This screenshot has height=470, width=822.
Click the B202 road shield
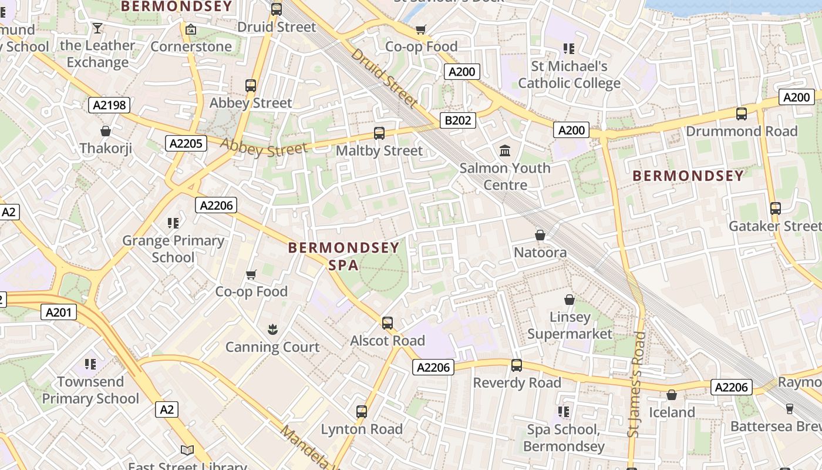pyautogui.click(x=457, y=120)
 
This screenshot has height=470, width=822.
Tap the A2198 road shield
pyautogui.click(x=109, y=105)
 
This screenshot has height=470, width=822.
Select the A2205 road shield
pyautogui.click(x=186, y=143)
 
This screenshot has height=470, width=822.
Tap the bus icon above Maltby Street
pyautogui.click(x=379, y=133)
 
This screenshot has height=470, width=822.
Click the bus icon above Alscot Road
pyautogui.click(x=388, y=323)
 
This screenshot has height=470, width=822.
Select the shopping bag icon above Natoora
pyautogui.click(x=540, y=235)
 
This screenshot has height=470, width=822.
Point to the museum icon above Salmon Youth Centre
pyautogui.click(x=505, y=151)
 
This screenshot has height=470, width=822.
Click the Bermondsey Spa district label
pyautogui.click(x=343, y=256)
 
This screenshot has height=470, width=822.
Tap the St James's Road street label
pyautogui.click(x=636, y=385)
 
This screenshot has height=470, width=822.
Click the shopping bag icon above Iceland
pyautogui.click(x=672, y=395)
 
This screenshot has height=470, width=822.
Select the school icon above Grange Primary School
pyautogui.click(x=173, y=223)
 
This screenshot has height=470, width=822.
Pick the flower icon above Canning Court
pyautogui.click(x=272, y=329)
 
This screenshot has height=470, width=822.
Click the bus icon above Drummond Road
pyautogui.click(x=742, y=113)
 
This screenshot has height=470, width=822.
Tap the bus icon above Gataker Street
pyautogui.click(x=776, y=208)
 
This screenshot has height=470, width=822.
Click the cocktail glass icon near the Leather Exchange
pyautogui.click(x=97, y=28)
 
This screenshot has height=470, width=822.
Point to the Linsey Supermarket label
pyautogui.click(x=570, y=325)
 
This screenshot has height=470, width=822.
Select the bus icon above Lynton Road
pyautogui.click(x=362, y=412)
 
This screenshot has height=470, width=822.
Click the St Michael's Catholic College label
pyautogui.click(x=569, y=75)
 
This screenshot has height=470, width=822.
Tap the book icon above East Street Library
pyautogui.click(x=187, y=450)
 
